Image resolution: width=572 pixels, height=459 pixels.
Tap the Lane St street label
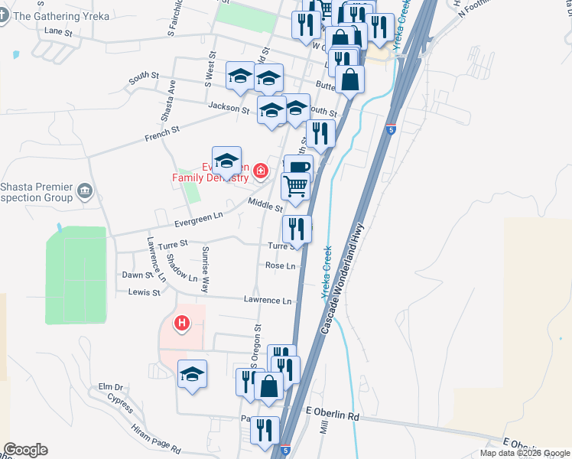[x=58, y=32]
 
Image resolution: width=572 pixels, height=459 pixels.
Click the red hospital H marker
[x=182, y=324]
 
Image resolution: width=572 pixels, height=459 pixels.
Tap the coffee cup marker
[x=297, y=167]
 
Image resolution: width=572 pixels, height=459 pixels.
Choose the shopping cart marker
[x=295, y=186]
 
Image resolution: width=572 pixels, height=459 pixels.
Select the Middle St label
[x=265, y=203]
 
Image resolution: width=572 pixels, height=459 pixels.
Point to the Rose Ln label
[x=280, y=265]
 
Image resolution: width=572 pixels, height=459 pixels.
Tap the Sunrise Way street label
[x=205, y=270]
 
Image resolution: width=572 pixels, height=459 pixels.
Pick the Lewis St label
[x=145, y=292]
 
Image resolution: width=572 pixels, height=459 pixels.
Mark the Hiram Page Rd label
[x=155, y=439]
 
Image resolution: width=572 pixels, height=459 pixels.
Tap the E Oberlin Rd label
[x=332, y=416]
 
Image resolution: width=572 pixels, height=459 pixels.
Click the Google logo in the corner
[x=25, y=450]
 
